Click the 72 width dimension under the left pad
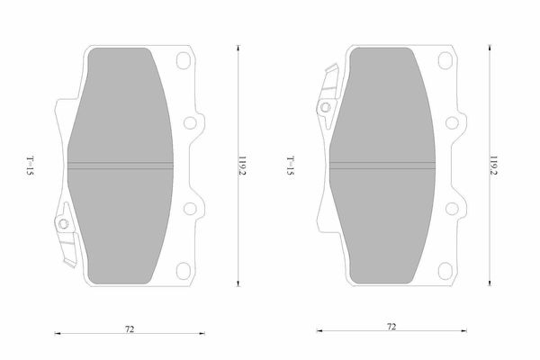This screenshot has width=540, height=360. click(x=130, y=329)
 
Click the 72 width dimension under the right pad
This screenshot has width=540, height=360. click(x=391, y=327)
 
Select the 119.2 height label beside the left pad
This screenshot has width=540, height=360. click(x=242, y=166)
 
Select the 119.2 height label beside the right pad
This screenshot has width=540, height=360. click(x=494, y=166)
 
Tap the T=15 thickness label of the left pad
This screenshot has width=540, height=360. click(x=31, y=166)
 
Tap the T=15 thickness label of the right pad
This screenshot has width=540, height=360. click(x=291, y=166)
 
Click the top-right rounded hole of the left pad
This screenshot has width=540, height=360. click(x=184, y=60)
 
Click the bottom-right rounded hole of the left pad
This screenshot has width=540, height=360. click(x=184, y=271)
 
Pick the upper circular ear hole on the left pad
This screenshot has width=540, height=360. click(x=190, y=122)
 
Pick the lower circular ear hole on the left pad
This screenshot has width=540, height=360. click(x=190, y=209)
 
